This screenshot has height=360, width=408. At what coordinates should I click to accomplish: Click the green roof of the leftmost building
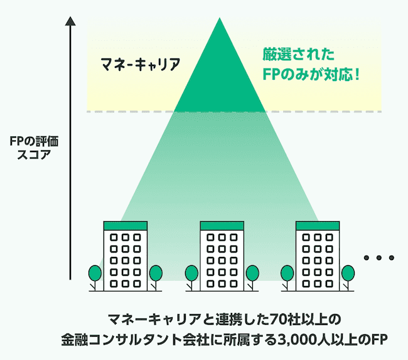click(125, 225)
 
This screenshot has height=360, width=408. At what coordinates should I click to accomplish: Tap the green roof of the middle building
click(221, 225)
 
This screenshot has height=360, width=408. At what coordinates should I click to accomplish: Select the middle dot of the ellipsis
click(378, 258)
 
